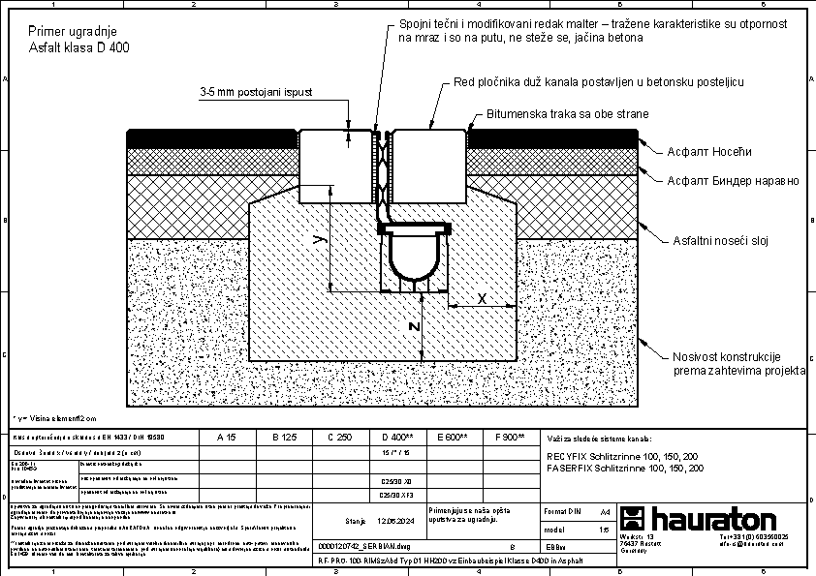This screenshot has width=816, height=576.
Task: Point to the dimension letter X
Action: (x=483, y=299)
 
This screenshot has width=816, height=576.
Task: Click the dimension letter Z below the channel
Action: (x=414, y=327)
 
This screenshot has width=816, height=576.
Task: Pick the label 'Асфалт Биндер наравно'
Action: (x=733, y=180)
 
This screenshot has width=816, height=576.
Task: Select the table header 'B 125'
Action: (x=282, y=438)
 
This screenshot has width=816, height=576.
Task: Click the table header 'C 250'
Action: (x=338, y=438)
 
